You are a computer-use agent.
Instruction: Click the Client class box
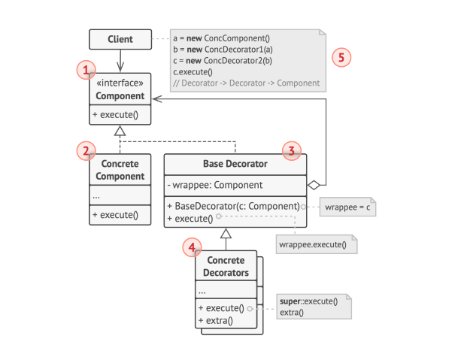pos(120,39)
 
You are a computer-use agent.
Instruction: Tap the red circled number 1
pos(86,70)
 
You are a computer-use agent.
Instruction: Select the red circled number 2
pos(86,151)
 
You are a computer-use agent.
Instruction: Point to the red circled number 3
pos(292,151)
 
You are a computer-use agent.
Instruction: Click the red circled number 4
pos(192,247)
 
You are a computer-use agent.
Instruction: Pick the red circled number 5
pos(341,57)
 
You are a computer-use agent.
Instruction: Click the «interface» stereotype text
pos(120,83)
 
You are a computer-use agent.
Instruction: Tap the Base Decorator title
pos(235,164)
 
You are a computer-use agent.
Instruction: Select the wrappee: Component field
pos(215,185)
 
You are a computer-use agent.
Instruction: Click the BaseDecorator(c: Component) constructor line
pos(233,206)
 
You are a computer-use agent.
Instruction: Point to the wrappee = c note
pos(347,207)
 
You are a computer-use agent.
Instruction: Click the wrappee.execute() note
pos(317,244)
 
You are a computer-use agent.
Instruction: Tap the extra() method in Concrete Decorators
pos(216,320)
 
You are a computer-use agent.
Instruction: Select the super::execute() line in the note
pos(308,301)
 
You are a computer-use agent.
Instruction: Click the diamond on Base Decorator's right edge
pos(314,185)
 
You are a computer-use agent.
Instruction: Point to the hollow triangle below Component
pos(120,131)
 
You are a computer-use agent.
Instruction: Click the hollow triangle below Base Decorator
pos(226,233)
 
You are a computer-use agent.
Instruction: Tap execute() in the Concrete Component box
pos(115,215)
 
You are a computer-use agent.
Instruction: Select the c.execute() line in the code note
pos(193,72)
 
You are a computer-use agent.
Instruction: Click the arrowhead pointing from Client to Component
pos(120,67)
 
